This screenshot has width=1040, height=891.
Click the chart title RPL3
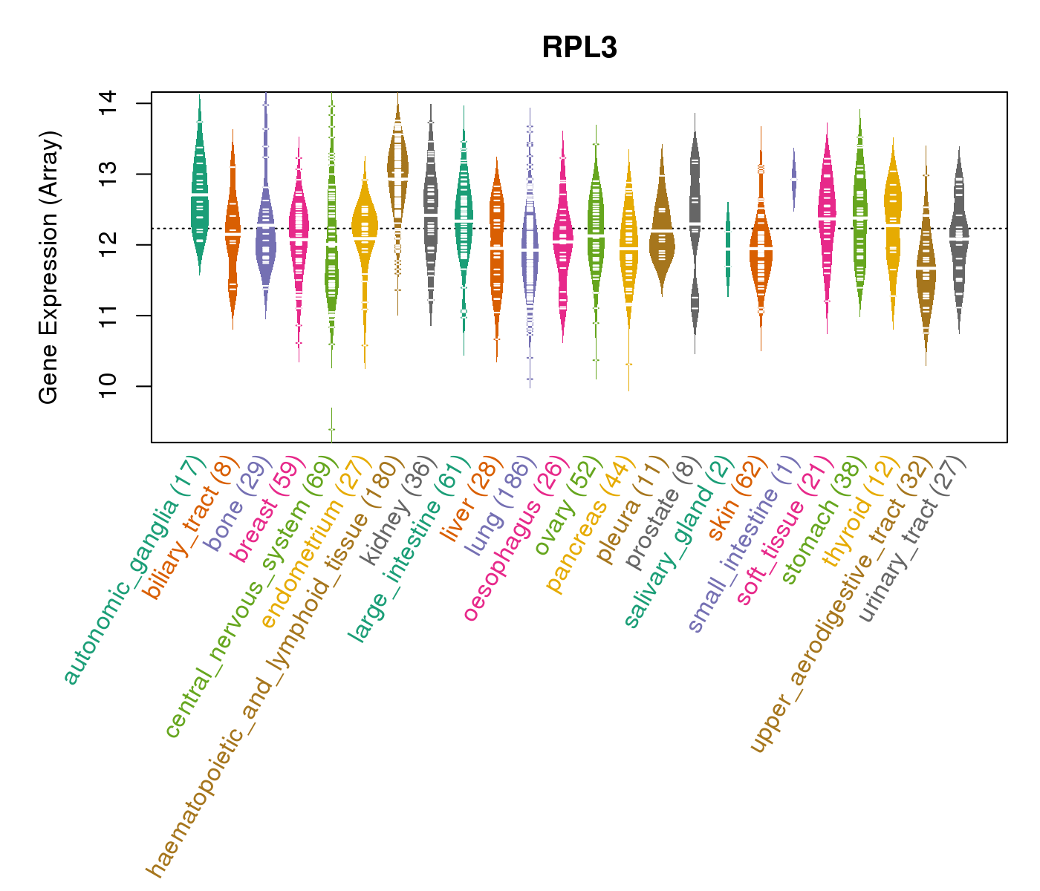(579, 48)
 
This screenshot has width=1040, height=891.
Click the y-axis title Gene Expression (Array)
(49, 267)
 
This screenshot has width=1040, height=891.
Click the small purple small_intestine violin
(794, 179)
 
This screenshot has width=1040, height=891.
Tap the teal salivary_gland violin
(728, 249)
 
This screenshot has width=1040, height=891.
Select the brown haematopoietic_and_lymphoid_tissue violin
(398, 178)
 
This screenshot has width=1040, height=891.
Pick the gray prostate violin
(695, 223)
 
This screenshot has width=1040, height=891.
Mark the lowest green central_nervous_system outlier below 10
(331, 429)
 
